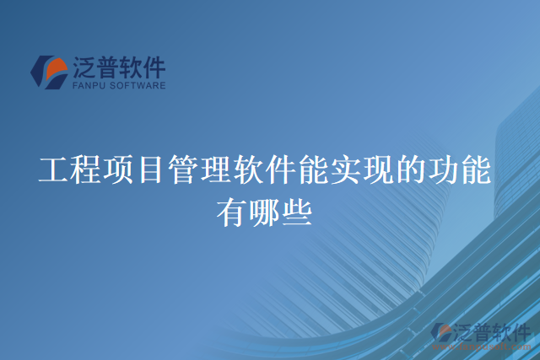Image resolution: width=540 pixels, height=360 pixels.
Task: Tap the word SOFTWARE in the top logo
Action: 137,85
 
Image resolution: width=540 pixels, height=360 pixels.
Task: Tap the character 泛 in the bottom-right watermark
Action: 464,331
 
